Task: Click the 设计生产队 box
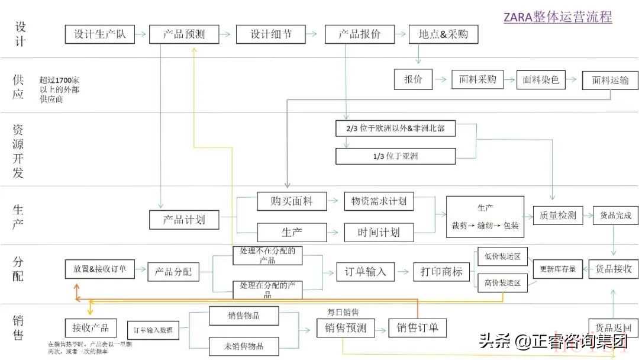click(99, 34)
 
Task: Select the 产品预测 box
click(184, 34)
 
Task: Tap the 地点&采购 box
click(443, 34)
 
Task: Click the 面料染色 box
click(541, 79)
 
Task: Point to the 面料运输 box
click(610, 81)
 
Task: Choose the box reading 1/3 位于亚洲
click(395, 156)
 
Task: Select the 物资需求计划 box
click(379, 201)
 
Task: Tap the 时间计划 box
click(379, 232)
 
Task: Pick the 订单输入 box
click(365, 272)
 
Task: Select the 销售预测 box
click(346, 328)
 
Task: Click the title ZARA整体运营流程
click(557, 17)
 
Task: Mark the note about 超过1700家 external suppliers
click(59, 89)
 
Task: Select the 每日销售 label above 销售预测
click(343, 311)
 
